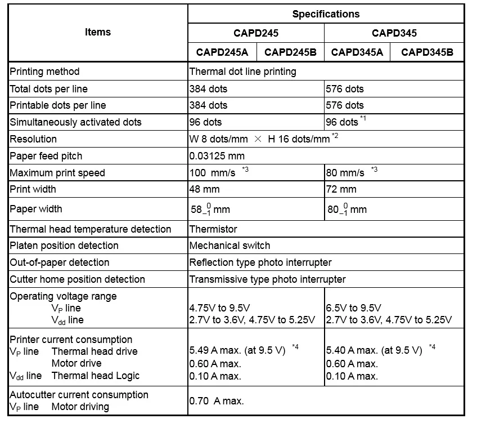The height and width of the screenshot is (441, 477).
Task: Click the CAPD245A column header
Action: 222,52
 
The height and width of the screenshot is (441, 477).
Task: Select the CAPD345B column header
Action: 427,52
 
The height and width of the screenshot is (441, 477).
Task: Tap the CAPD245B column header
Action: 290,52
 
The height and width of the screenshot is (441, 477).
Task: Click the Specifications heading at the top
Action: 326,14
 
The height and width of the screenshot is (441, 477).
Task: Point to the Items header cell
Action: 98,32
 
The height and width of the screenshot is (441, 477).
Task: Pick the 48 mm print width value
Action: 205,189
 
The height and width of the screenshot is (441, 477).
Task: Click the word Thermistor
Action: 213,229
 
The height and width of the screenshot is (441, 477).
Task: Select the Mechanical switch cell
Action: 229,246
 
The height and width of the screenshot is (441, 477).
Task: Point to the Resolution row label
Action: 33,139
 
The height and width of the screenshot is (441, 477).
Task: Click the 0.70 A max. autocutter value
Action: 217,401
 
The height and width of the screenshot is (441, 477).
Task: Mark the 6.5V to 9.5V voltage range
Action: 354,308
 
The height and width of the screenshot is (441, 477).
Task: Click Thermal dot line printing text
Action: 242,72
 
